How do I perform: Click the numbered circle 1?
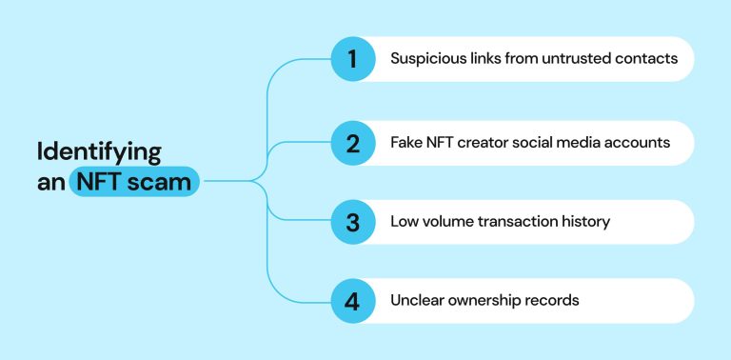coord(351,59)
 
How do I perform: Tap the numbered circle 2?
coord(351,143)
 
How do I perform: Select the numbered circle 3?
coord(351,222)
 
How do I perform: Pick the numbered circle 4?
coord(351,301)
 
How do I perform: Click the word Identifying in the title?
coord(99,152)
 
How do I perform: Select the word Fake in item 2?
coord(406,143)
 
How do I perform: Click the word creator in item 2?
coord(486,143)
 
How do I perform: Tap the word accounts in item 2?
coord(640,143)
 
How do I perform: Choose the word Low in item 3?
coord(404,222)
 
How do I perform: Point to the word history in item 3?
coord(585,222)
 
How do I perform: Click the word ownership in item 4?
coord(492,301)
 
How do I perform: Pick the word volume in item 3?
coord(448,222)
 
